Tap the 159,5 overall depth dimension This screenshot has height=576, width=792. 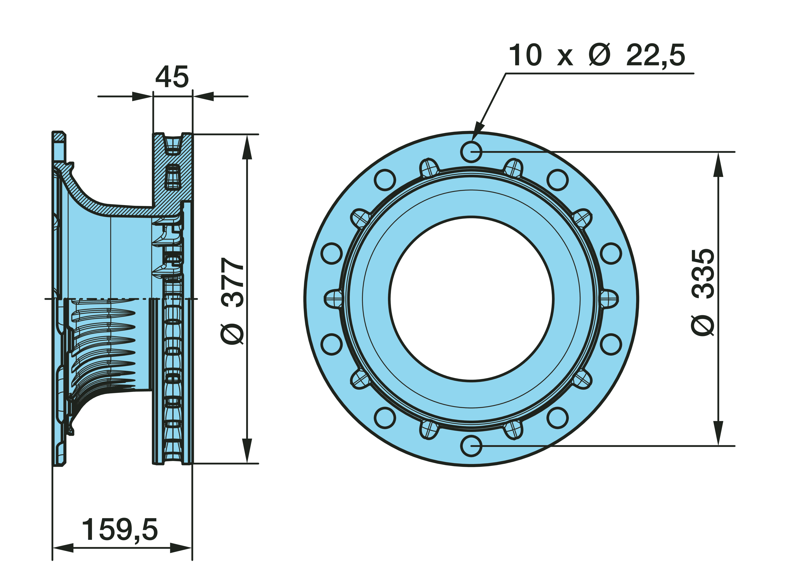[120, 530]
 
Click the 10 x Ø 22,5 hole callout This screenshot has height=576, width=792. [597, 55]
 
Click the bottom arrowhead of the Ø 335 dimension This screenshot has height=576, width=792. [718, 433]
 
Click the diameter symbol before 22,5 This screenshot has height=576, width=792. [599, 55]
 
